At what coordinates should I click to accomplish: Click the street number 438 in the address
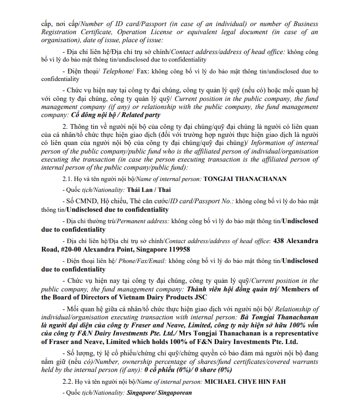coord(279,241)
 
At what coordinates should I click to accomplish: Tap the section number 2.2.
coord(67,381)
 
